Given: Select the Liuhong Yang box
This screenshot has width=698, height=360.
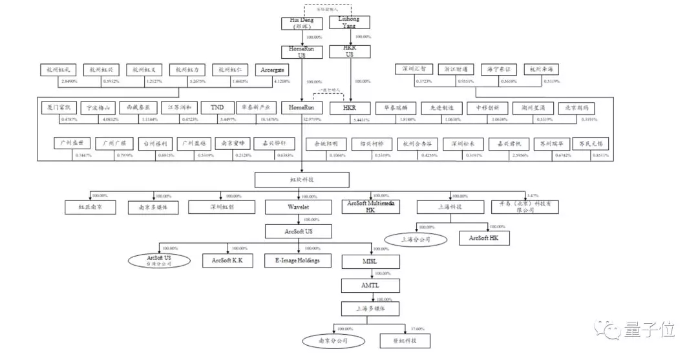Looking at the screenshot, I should click(x=350, y=22).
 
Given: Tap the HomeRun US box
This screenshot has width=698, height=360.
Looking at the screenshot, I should click(x=301, y=52).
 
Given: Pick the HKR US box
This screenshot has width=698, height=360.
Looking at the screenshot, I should click(x=350, y=52).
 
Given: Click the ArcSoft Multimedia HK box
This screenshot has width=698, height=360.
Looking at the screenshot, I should click(x=371, y=207).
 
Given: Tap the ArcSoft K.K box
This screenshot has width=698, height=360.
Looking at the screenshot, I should click(x=227, y=260).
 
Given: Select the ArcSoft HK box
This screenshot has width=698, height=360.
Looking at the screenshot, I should click(x=483, y=238).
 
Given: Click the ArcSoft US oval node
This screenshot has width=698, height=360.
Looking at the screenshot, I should click(x=159, y=260).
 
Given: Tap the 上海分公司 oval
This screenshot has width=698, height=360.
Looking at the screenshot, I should click(x=415, y=239).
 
